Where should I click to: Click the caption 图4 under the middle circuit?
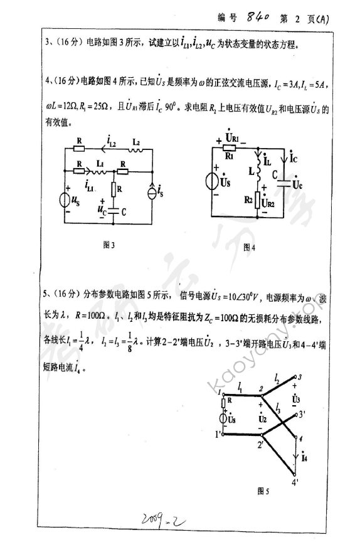(x=249, y=247)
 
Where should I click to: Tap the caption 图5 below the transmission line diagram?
(x=263, y=491)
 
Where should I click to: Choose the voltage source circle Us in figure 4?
(x=213, y=181)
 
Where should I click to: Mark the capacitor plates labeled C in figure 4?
(x=289, y=183)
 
